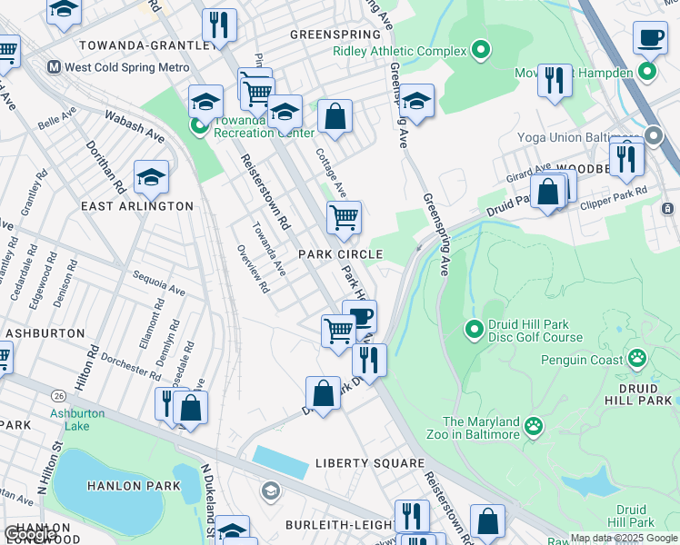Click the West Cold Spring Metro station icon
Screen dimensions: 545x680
[54, 67]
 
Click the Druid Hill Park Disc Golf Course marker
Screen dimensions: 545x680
[473, 329]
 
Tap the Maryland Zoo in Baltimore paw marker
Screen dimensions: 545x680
[534, 425]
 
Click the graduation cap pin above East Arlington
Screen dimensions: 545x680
[151, 176]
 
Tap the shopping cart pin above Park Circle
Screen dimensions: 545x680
[344, 216]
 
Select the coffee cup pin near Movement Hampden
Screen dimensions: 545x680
[650, 38]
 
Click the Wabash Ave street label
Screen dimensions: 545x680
[134, 127]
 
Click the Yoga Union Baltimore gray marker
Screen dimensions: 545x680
[653, 137]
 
